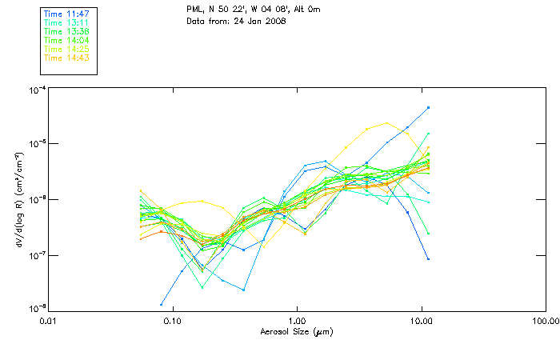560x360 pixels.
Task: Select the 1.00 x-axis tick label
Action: click(x=297, y=321)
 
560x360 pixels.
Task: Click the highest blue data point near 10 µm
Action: click(x=429, y=107)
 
